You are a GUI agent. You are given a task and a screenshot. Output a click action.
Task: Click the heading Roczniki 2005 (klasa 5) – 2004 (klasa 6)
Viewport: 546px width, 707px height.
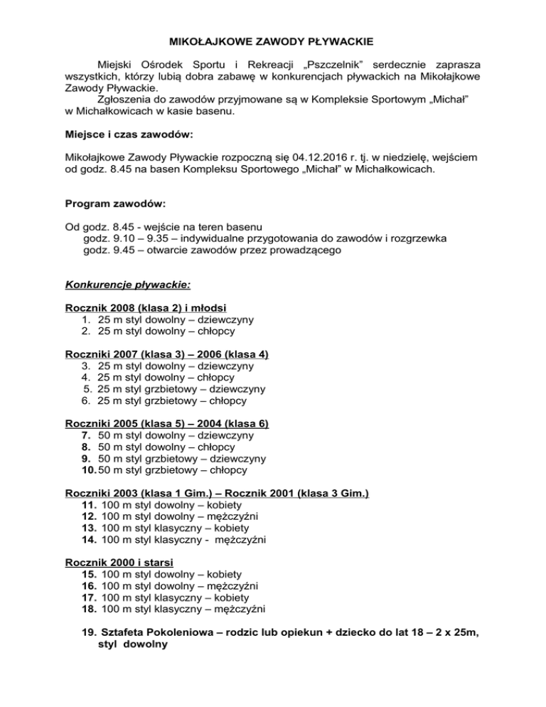[x=166, y=424]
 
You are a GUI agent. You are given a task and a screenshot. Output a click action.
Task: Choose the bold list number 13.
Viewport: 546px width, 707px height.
[x=90, y=528]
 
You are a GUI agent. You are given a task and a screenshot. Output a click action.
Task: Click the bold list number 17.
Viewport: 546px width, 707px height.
[x=90, y=597]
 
